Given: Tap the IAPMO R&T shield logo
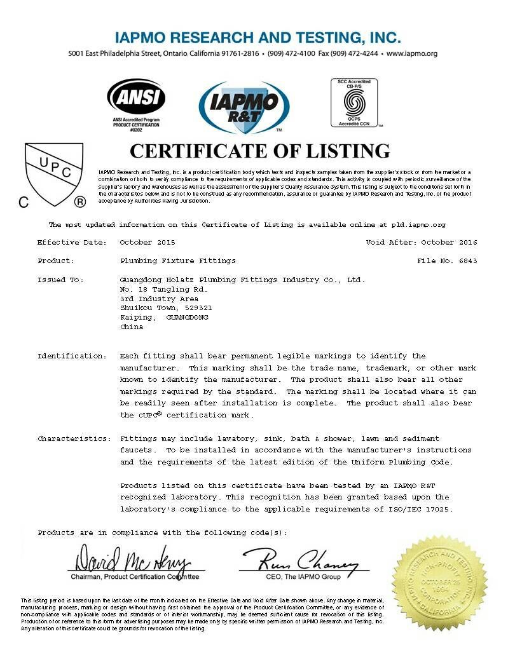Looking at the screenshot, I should pyautogui.click(x=244, y=107).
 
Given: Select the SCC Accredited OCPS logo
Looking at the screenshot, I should pyautogui.click(x=354, y=102).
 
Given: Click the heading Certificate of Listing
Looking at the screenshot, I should pyautogui.click(x=259, y=151).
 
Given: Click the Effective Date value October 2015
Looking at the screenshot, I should pyautogui.click(x=147, y=242).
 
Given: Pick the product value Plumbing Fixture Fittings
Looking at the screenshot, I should pyautogui.click(x=177, y=261).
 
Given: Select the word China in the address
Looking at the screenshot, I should pyautogui.click(x=132, y=327).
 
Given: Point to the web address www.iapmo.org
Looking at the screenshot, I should pyautogui.click(x=412, y=53).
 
